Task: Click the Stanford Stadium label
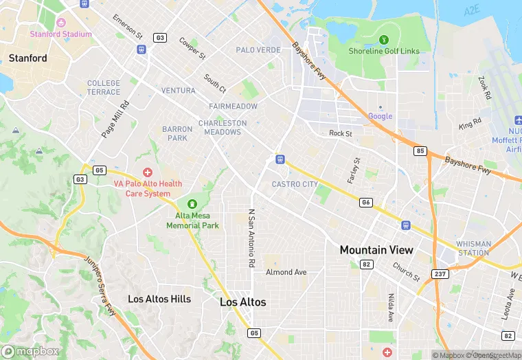[x=60, y=34]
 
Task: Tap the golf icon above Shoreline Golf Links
[x=383, y=39]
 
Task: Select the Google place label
[x=380, y=116]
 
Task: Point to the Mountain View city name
[x=376, y=250]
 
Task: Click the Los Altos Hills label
[x=159, y=299]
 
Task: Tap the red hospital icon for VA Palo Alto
[x=147, y=172]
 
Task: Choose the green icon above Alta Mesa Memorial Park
[x=192, y=204]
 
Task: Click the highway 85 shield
[x=420, y=151]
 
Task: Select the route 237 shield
[x=440, y=273]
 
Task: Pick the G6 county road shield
[x=366, y=202]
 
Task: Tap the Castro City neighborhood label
[x=295, y=184]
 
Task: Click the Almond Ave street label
[x=286, y=272]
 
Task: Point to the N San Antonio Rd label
[x=251, y=238]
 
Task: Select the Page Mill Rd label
[x=115, y=120]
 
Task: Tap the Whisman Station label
[x=474, y=248]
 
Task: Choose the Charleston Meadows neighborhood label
[x=223, y=127]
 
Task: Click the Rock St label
[x=340, y=133]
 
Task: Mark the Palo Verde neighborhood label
[x=258, y=50]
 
